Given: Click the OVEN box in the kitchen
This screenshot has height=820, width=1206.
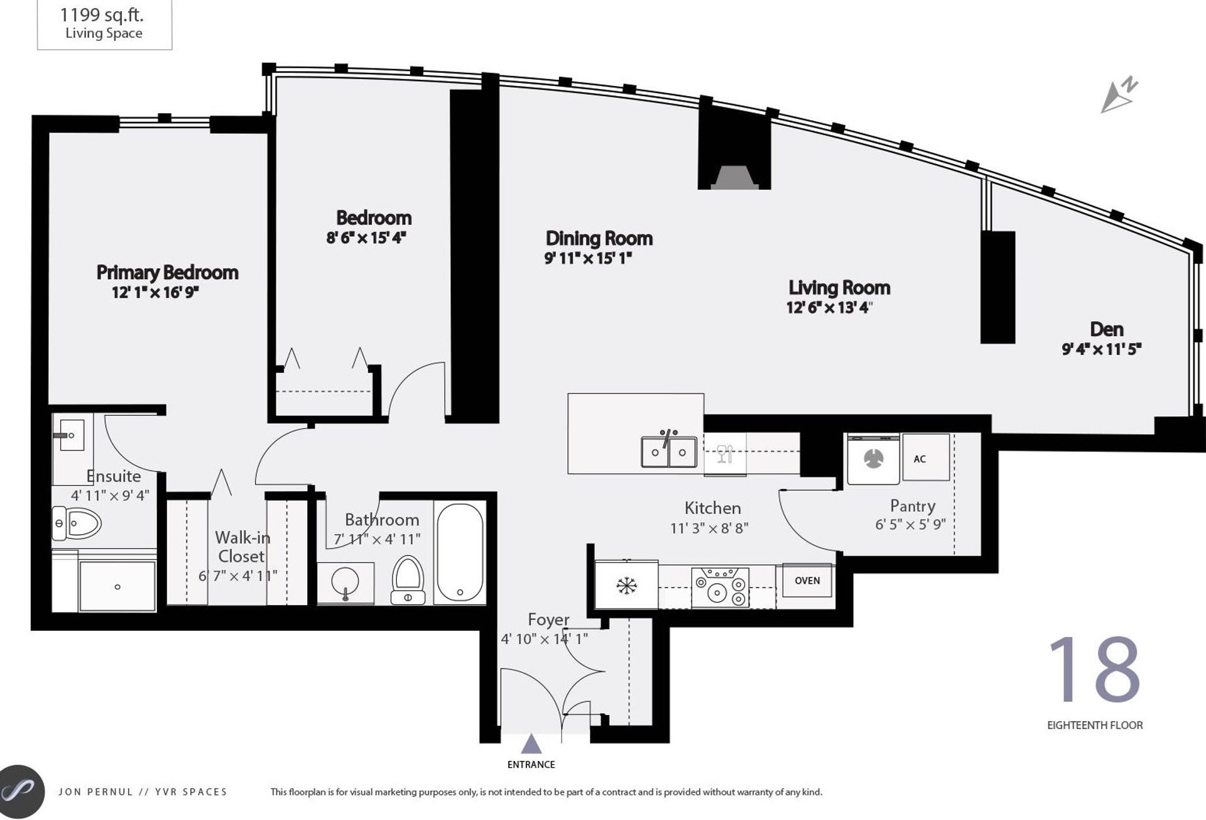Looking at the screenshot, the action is click(x=807, y=581).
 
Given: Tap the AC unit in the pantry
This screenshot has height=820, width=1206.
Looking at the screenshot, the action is click(x=925, y=457).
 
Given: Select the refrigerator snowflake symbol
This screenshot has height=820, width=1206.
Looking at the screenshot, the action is click(x=626, y=586).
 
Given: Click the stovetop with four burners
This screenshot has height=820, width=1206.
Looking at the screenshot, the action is click(x=720, y=587).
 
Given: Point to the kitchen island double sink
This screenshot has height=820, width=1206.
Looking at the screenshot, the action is click(x=669, y=451).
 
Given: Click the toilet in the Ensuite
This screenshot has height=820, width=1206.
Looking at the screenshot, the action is click(x=76, y=523).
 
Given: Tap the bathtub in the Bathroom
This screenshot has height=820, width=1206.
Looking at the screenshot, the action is click(x=460, y=552).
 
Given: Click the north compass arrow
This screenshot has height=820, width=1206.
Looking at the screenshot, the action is click(x=1119, y=96).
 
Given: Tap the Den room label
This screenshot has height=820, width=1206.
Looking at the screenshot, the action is click(x=1106, y=329).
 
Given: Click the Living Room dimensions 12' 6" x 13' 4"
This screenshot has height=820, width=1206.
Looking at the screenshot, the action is click(x=829, y=308).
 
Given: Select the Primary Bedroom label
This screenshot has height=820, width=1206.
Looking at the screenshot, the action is click(x=167, y=272).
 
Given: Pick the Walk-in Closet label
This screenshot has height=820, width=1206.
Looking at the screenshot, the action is click(x=242, y=547).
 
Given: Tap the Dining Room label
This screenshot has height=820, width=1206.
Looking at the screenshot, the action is click(x=599, y=238).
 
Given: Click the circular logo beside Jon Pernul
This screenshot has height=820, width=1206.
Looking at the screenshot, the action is click(x=21, y=790).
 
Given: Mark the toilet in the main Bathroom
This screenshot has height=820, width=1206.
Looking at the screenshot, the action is click(x=408, y=580).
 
